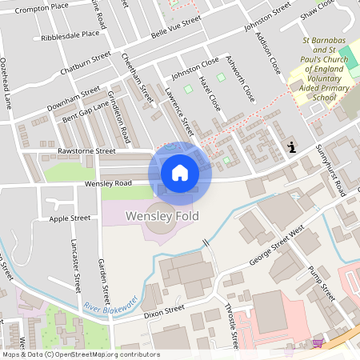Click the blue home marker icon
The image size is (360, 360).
point(180,172)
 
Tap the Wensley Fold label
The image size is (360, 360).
point(162,216)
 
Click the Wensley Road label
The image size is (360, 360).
point(109,183)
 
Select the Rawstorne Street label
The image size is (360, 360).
point(86,150)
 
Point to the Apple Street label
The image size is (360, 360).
point(70,218)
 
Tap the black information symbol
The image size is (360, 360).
point(292,146)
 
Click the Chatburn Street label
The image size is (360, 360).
point(85,62)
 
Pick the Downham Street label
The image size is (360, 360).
point(74,102)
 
